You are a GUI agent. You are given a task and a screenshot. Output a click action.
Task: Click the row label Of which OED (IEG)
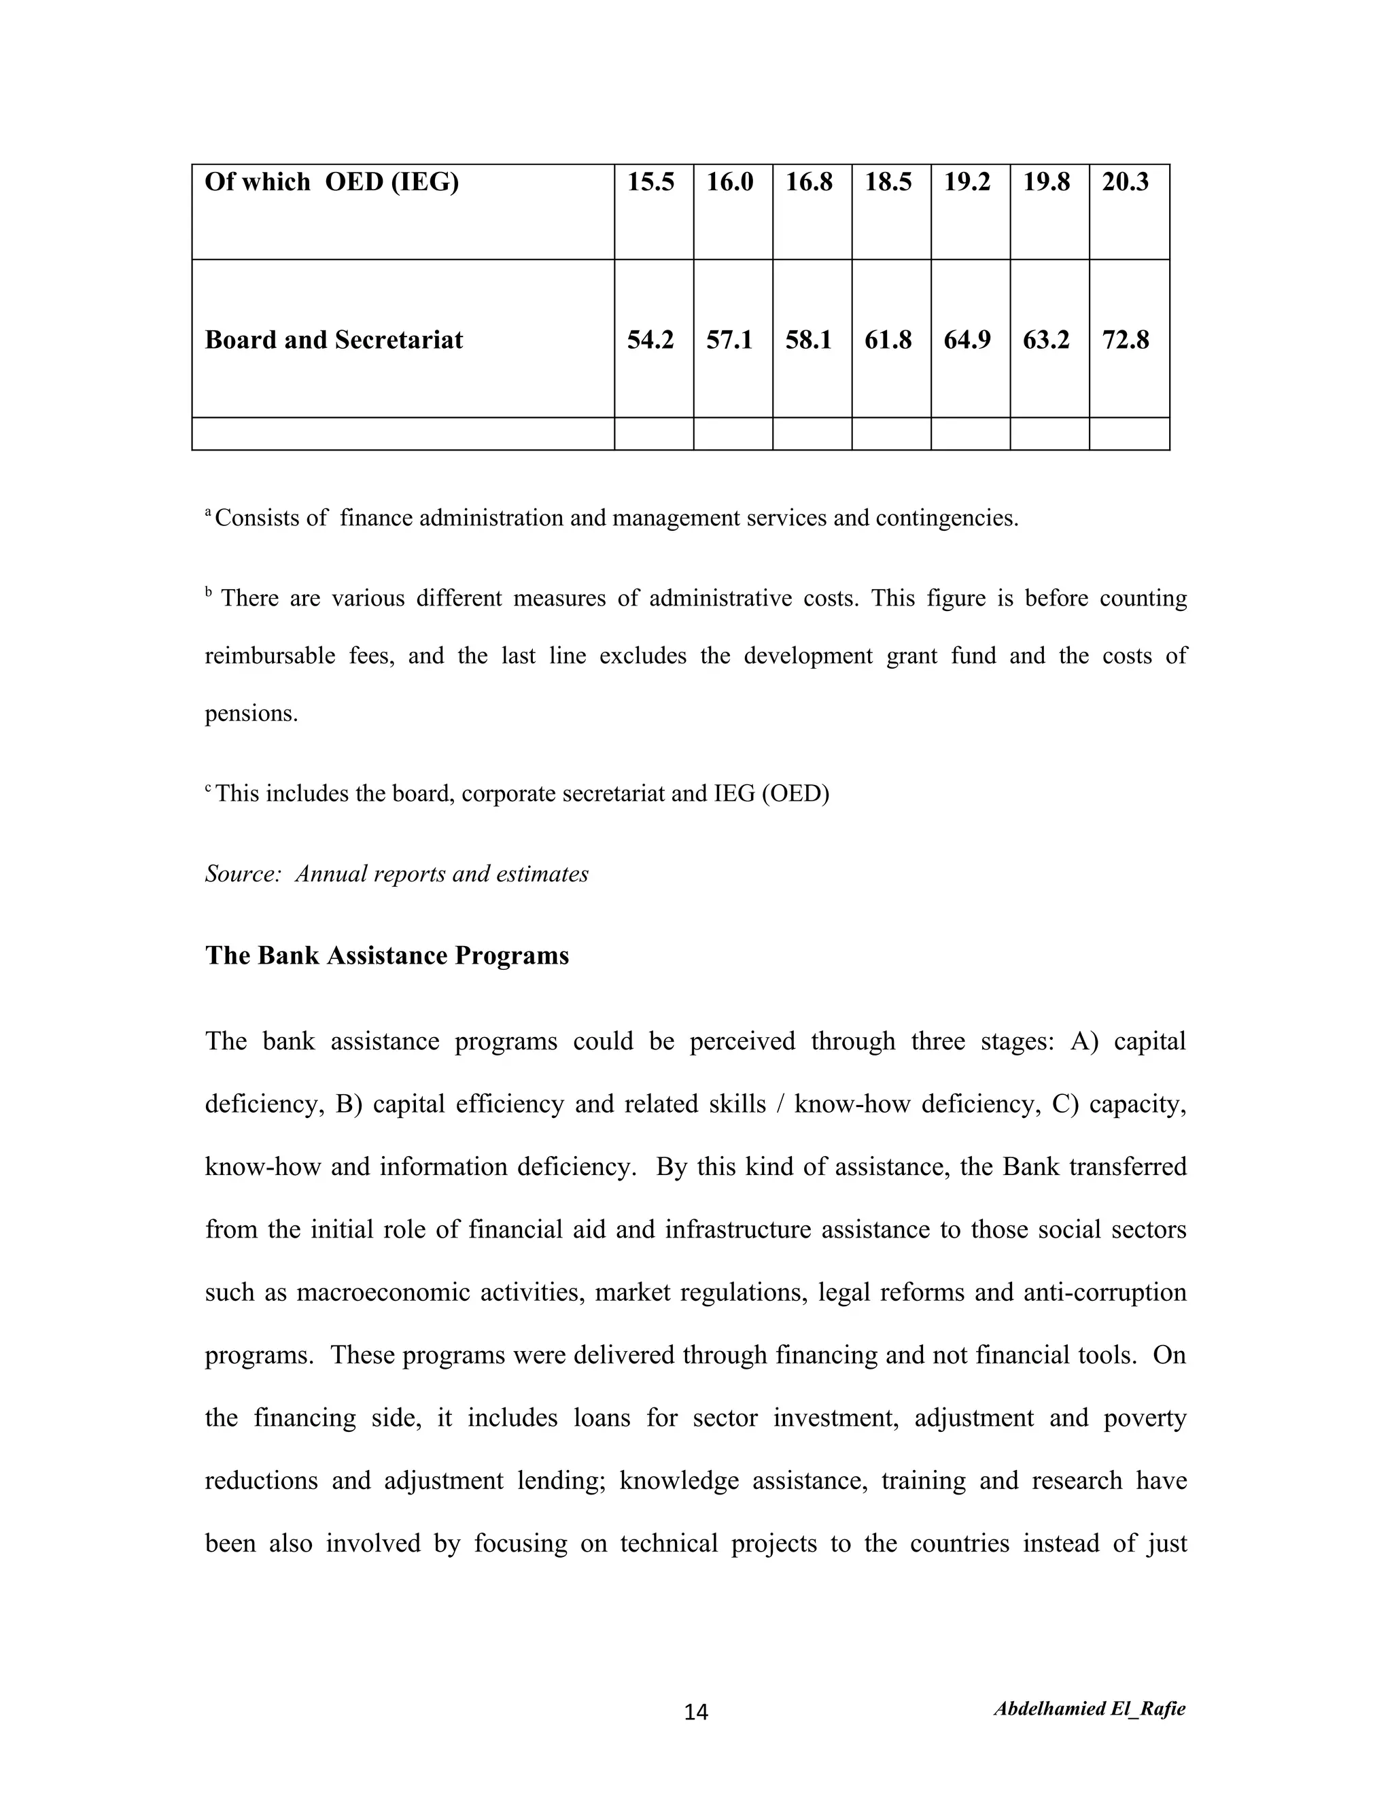332,181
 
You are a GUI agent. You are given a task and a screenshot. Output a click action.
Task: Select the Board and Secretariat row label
333,340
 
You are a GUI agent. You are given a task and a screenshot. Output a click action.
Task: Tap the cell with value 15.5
650,181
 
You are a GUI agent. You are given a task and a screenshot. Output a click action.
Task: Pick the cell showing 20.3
1125,181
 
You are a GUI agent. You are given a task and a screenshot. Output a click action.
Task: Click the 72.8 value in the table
1125,340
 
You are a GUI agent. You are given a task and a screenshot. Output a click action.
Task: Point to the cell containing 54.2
650,340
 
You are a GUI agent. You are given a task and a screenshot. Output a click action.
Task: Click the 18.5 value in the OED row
888,181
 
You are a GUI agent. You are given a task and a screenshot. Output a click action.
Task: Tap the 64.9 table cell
967,340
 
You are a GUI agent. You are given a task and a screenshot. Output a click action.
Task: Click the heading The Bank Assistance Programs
387,955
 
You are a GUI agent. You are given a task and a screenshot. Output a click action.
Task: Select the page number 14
696,1713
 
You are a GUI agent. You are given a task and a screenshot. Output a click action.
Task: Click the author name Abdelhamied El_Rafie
1090,1709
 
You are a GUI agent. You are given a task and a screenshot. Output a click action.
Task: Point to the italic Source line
397,873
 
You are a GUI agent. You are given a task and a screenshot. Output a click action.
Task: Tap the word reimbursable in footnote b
270,656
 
